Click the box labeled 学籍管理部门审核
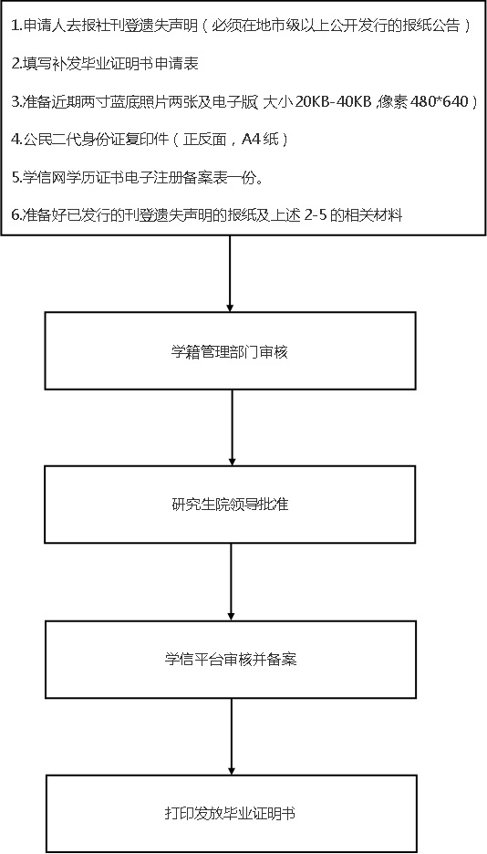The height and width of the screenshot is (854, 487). (x=230, y=350)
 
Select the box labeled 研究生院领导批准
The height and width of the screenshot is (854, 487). (x=230, y=505)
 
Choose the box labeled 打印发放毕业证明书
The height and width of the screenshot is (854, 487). (x=232, y=814)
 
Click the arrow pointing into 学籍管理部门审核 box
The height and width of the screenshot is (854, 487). (x=230, y=274)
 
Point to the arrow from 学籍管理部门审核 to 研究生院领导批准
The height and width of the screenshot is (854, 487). (x=232, y=428)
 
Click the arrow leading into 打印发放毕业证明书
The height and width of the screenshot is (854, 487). (x=232, y=736)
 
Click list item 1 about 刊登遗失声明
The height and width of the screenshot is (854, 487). (x=241, y=26)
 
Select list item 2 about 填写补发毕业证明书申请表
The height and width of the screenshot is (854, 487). (x=105, y=64)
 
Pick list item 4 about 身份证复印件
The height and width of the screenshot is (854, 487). (x=149, y=140)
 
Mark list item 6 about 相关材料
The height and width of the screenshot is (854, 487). (x=207, y=215)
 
